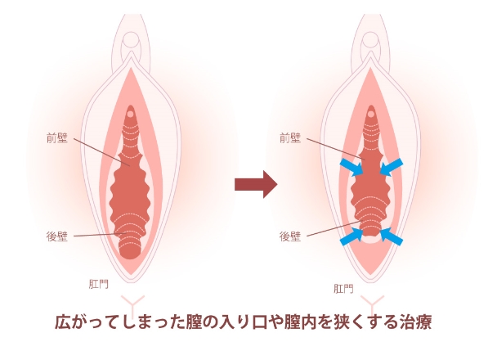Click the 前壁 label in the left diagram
(57, 137)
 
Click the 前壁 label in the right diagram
(290, 137)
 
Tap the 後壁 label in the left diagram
(57, 236)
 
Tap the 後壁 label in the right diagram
(290, 236)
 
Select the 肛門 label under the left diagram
(99, 284)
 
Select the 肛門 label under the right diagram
(343, 288)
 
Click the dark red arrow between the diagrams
(256, 184)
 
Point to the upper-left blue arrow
(351, 167)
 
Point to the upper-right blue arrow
(392, 167)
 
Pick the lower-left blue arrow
(351, 236)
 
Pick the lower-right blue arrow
(392, 236)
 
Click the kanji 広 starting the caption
(62, 322)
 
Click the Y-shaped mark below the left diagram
(133, 305)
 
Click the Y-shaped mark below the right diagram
(372, 305)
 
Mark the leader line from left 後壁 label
(101, 235)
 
